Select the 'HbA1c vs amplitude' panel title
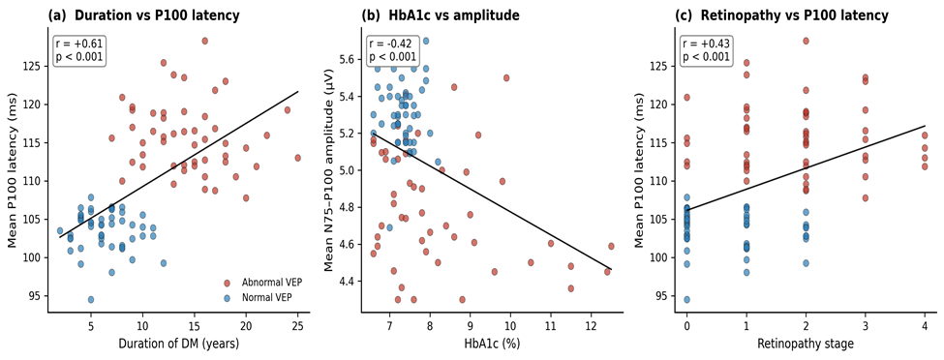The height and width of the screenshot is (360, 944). (x=440, y=16)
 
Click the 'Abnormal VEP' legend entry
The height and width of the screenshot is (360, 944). (x=261, y=283)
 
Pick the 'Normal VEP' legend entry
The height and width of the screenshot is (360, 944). (x=257, y=297)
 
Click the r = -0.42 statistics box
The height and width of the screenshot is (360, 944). (x=392, y=50)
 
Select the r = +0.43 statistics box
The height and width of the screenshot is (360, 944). (x=706, y=50)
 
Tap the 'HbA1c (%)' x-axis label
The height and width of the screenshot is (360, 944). (x=490, y=344)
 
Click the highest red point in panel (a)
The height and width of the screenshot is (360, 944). (x=204, y=41)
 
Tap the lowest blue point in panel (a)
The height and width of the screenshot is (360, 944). (x=91, y=299)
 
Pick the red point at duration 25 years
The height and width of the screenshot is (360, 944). (x=297, y=158)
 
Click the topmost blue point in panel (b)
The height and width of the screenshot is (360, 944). (x=426, y=41)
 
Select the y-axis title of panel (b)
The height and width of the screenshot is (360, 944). (x=330, y=171)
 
